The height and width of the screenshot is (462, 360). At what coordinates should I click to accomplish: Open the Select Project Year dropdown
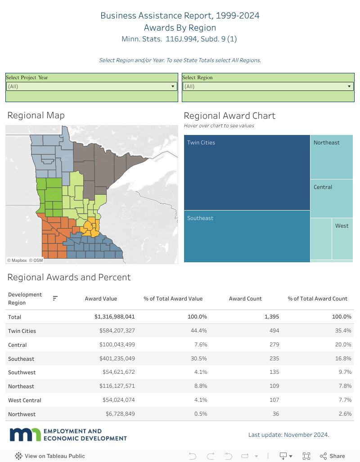[x=91, y=86]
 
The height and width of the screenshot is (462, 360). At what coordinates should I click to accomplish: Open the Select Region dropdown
[x=268, y=86]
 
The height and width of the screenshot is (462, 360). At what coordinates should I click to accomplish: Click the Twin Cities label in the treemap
[x=201, y=143]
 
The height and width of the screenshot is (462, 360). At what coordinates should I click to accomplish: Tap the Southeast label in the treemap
[x=200, y=218]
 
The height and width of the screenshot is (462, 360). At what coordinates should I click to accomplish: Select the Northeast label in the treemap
[x=327, y=143]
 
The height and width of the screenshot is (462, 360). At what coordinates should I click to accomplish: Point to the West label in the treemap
[x=342, y=226]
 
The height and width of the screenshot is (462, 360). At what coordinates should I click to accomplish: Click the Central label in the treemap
[x=323, y=187]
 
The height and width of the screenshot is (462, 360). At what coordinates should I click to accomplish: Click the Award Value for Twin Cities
[x=117, y=331]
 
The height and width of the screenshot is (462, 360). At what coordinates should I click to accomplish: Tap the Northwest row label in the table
[x=22, y=414]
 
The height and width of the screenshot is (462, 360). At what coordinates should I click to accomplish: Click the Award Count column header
[x=245, y=298]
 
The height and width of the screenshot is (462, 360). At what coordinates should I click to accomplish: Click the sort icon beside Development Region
[x=55, y=298]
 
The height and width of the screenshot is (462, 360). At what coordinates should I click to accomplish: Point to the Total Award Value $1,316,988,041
[x=114, y=317]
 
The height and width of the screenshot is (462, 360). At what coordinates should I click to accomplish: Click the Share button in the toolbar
[x=333, y=456]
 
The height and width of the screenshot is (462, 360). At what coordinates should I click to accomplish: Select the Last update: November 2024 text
[x=288, y=435]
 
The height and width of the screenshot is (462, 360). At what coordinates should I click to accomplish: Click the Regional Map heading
[x=36, y=115]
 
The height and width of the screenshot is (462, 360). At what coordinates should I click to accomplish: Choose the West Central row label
[x=25, y=400]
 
